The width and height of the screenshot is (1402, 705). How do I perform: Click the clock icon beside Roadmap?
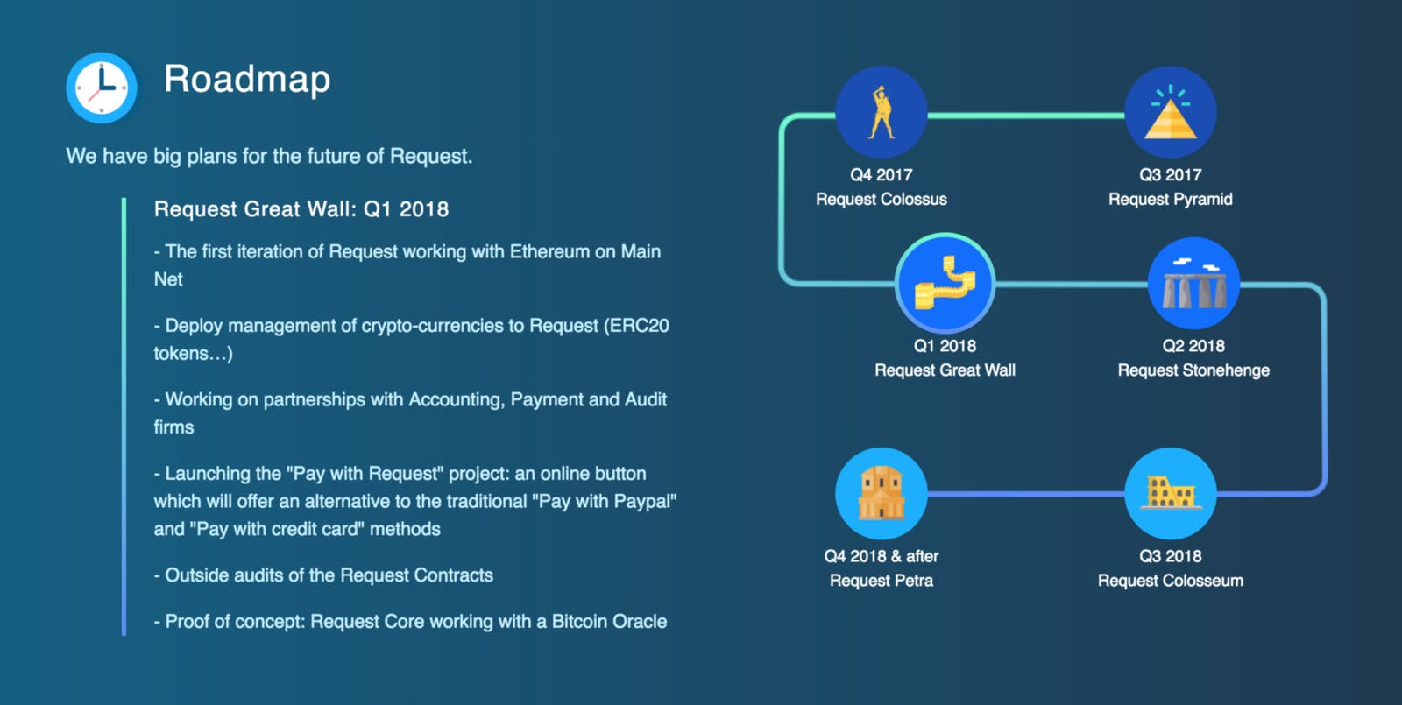click(x=102, y=88)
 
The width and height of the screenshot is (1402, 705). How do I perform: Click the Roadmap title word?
click(x=247, y=80)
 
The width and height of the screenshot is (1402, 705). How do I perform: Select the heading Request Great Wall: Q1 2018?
click(x=301, y=209)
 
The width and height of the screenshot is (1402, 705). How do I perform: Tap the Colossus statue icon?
click(x=882, y=112)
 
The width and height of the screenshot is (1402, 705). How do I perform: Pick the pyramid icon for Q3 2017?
click(x=1170, y=112)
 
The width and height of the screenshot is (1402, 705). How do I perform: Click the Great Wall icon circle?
click(x=945, y=282)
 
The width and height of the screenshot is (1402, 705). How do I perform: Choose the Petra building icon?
click(x=882, y=493)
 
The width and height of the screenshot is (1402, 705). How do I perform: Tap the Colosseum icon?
click(x=1170, y=493)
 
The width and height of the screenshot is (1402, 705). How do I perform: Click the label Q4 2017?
click(x=882, y=175)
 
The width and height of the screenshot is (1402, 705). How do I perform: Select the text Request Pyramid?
click(x=1170, y=200)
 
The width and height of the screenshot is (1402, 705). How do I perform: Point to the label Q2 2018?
click(x=1193, y=346)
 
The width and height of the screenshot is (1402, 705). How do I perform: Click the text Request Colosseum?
click(x=1170, y=581)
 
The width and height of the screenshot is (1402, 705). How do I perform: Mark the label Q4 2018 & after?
click(x=882, y=556)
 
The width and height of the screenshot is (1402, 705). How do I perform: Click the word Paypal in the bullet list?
click(x=643, y=502)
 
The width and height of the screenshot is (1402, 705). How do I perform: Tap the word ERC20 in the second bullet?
click(x=639, y=326)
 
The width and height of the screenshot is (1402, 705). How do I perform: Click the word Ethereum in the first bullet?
click(x=549, y=252)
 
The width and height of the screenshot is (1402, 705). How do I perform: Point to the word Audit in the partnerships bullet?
click(x=646, y=400)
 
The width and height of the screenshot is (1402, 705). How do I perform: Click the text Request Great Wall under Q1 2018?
click(x=945, y=370)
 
